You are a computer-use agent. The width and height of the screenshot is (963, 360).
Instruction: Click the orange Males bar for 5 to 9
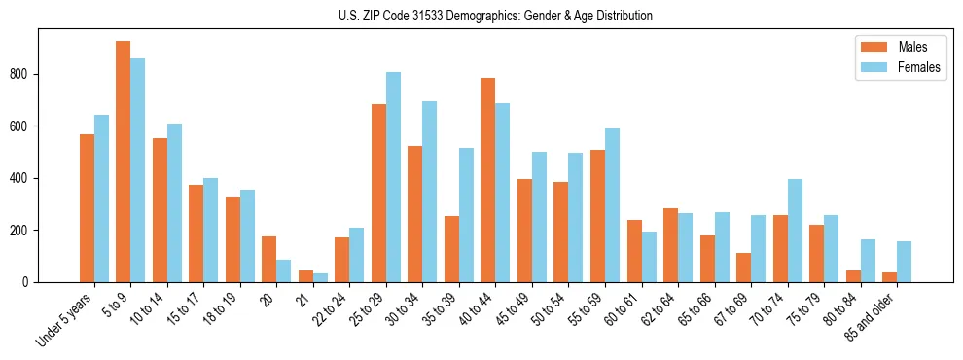click(x=123, y=162)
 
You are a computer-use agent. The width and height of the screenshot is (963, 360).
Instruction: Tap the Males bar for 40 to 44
click(x=487, y=180)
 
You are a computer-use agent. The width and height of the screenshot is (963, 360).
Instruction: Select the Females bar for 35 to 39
click(x=466, y=215)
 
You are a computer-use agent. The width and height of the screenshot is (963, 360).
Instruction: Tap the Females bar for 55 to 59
click(x=612, y=205)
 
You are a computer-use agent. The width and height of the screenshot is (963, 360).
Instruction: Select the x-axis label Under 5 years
click(x=64, y=318)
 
